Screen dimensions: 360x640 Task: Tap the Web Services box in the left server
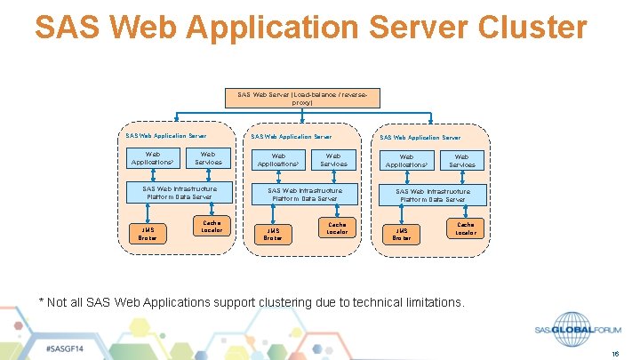pos(206,157)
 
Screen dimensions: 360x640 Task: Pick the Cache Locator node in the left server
pos(212,227)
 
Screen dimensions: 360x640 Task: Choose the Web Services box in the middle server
pos(333,159)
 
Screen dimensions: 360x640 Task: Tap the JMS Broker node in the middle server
pos(273,234)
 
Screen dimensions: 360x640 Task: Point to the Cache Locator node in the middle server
pos(337,228)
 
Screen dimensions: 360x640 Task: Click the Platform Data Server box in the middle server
pos(304,194)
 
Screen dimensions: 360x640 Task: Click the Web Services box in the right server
pos(461,160)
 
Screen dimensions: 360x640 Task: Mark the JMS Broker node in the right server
pos(402,234)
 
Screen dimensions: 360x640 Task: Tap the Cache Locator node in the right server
pos(466,228)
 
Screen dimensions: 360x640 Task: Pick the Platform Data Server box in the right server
pos(433,195)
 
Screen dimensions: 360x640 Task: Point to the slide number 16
pos(614,353)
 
